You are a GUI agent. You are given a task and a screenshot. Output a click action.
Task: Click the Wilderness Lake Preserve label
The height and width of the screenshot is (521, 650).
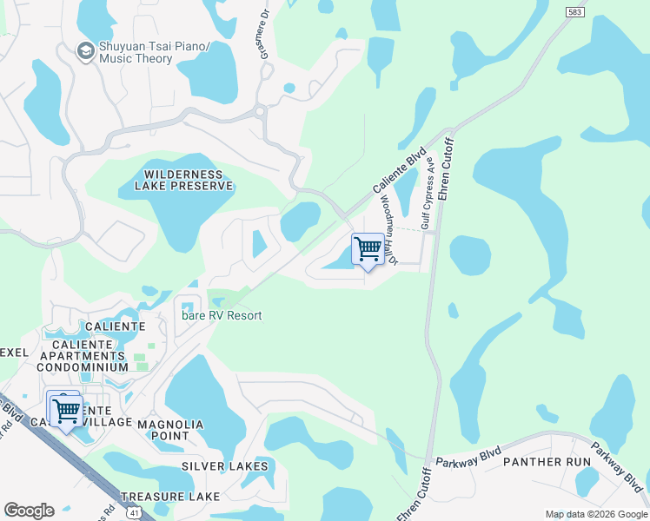pyautogui.click(x=183, y=180)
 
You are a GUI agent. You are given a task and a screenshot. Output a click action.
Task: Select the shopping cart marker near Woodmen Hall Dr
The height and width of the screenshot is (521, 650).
pyautogui.click(x=368, y=249)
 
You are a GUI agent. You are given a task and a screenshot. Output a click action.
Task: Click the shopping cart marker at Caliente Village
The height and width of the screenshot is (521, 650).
pyautogui.click(x=66, y=409)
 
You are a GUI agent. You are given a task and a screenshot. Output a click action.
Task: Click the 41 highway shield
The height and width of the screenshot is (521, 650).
pyautogui.click(x=135, y=513)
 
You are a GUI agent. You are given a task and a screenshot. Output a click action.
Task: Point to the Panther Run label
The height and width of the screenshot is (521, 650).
pyautogui.click(x=547, y=462)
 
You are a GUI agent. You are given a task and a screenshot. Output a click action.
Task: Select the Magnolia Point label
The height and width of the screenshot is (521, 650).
pyautogui.click(x=171, y=430)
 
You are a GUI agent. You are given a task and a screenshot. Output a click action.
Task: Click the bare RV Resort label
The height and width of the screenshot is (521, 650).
pyautogui.click(x=222, y=316)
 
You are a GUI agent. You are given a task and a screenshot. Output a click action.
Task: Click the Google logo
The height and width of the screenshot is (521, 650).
pyautogui.click(x=29, y=511)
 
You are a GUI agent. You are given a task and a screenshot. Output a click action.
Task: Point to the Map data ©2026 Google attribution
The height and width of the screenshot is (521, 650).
pyautogui.click(x=596, y=514)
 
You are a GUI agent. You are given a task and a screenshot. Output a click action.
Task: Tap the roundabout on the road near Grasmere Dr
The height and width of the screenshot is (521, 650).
pyautogui.click(x=259, y=111)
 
